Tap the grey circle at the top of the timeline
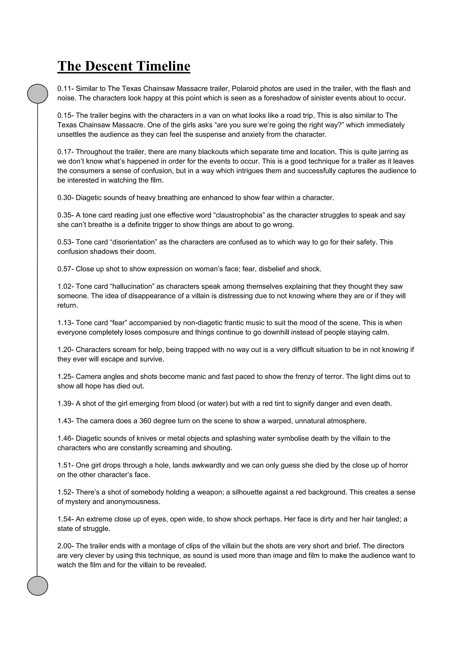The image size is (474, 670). tap(38, 94)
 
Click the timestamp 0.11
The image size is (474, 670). tap(64, 89)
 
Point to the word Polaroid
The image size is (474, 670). tap(245, 89)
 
